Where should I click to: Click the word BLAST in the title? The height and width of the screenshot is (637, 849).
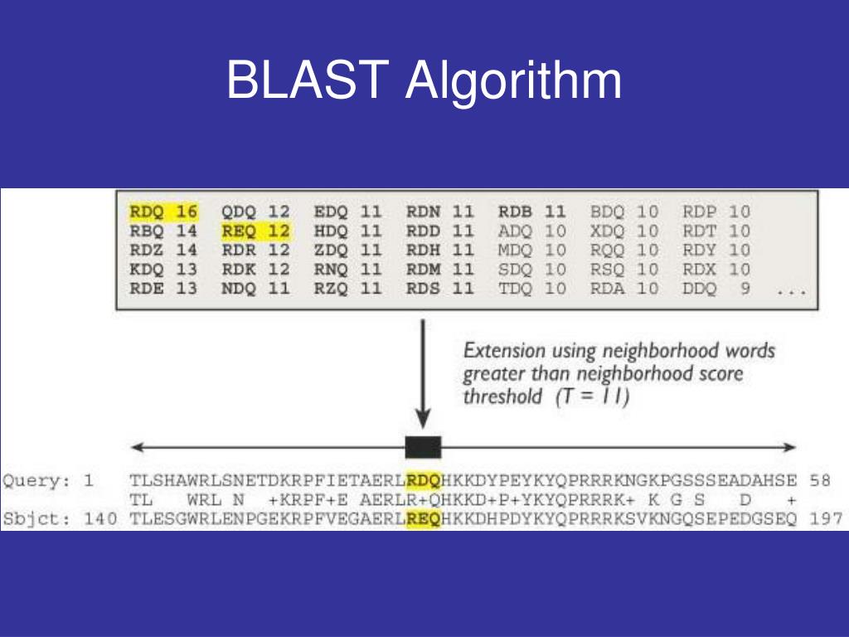tap(308, 80)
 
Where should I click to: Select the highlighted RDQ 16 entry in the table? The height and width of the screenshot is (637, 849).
tap(163, 212)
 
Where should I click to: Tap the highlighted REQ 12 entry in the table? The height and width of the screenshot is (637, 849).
tap(256, 231)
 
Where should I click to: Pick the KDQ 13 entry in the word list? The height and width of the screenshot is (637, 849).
tap(163, 270)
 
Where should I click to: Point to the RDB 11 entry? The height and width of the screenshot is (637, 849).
tap(531, 212)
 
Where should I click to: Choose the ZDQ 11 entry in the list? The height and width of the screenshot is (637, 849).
tap(347, 250)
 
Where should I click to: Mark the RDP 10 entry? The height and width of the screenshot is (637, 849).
tap(716, 212)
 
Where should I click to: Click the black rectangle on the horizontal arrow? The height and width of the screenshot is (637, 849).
tap(424, 447)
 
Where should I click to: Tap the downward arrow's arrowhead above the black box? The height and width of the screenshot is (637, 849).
tap(423, 420)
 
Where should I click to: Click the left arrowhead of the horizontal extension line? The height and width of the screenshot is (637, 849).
tap(137, 447)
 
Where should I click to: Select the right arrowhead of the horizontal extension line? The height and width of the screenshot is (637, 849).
tap(789, 447)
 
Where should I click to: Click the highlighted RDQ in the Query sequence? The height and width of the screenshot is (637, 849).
tap(424, 480)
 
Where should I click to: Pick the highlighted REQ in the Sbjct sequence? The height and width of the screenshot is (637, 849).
tap(424, 519)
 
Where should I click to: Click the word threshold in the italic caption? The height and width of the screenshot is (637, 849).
tap(502, 396)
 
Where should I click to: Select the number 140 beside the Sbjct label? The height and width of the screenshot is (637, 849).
tap(100, 519)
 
